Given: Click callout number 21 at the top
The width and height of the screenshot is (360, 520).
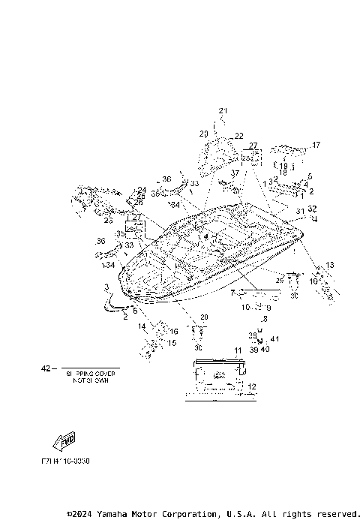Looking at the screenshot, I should pyautogui.click(x=222, y=111).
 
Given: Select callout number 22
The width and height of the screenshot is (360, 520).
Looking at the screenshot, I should pyautogui.click(x=239, y=136).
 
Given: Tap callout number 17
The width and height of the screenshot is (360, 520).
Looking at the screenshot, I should pyautogui.click(x=316, y=145).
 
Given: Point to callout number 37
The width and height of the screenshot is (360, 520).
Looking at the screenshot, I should pyautogui.click(x=235, y=172).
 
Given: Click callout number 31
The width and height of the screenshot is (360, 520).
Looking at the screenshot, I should pyautogui.click(x=299, y=211).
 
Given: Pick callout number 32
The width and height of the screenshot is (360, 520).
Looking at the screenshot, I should pyautogui.click(x=313, y=209).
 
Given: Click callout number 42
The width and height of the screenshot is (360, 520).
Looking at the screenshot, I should pyautogui.click(x=45, y=368).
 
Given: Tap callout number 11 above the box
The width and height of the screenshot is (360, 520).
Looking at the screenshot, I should pyautogui.click(x=238, y=351).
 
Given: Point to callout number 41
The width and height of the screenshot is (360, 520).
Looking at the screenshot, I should pyautogui.click(x=275, y=340).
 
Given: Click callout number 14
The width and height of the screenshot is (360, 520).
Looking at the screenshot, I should pyautogui.click(x=142, y=326).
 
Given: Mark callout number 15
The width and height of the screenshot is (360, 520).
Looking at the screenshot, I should pyautogui.click(x=172, y=343).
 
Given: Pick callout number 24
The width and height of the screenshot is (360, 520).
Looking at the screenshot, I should pyautogui.click(x=142, y=190).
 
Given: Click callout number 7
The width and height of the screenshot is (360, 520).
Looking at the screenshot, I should pyautogui.click(x=233, y=292).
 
